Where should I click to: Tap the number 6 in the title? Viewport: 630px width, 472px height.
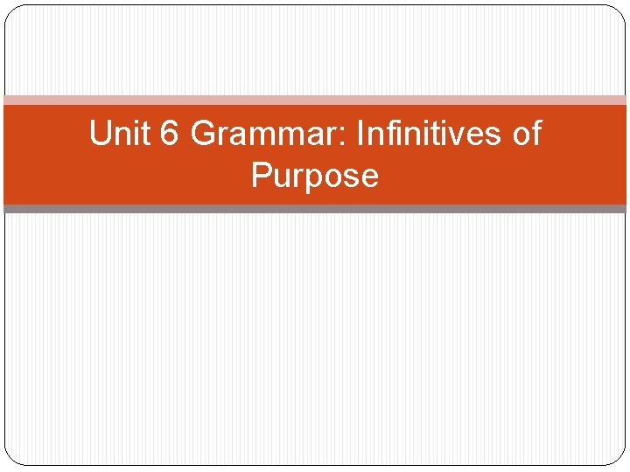[167, 134]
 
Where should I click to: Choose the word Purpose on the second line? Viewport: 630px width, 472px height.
[314, 176]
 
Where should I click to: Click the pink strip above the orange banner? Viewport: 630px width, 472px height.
[315, 100]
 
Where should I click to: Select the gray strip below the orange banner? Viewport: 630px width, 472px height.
[315, 209]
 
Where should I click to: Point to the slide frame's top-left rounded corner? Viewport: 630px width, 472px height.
[11, 11]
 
